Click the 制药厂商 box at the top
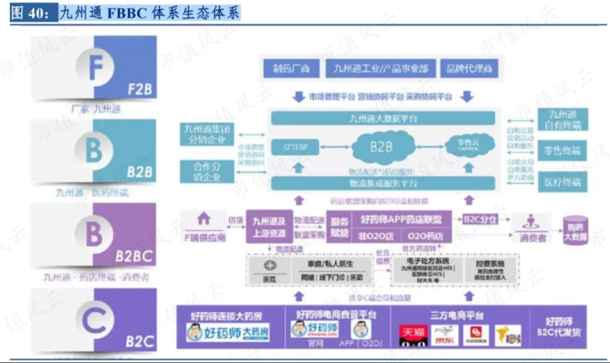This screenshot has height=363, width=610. click(x=291, y=69)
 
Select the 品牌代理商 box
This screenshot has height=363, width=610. click(x=469, y=69)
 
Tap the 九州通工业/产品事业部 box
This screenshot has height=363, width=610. click(x=381, y=69)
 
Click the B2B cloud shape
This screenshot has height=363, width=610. click(x=381, y=147)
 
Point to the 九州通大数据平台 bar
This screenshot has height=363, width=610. click(x=383, y=119)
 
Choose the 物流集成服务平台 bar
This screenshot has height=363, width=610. click(x=383, y=183)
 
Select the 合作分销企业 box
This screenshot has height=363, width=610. click(x=207, y=171)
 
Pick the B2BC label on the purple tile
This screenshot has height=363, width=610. click(x=134, y=257)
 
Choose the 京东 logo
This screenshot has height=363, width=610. click(x=445, y=335)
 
